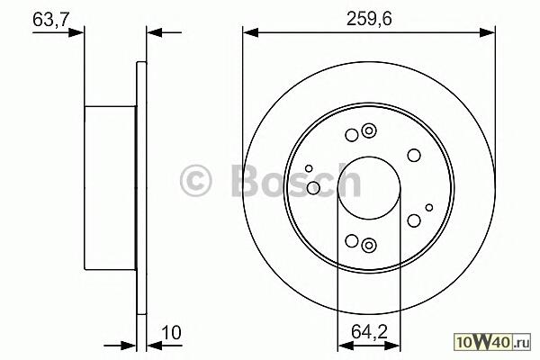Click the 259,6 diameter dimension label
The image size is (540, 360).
[369, 18]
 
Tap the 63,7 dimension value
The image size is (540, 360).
[50, 19]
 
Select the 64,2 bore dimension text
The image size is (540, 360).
[369, 331]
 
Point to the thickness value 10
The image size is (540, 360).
[171, 333]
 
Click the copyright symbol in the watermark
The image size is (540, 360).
[195, 181]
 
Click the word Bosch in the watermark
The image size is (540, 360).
[296, 180]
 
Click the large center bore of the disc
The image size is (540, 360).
[369, 188]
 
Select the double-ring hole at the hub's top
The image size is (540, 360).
[369, 130]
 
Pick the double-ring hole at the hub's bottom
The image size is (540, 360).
[369, 245]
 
